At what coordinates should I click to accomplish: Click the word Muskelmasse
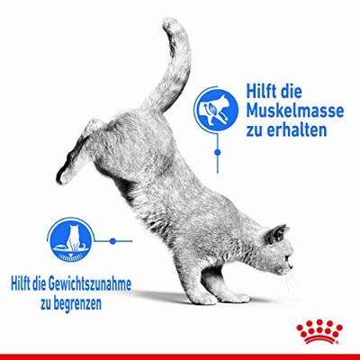click(x=295, y=111)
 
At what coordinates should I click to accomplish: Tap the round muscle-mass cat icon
click(x=217, y=111)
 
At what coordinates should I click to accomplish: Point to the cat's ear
click(x=277, y=232)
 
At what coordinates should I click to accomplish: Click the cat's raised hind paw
click(x=65, y=174)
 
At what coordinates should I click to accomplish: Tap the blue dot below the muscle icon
click(x=218, y=153)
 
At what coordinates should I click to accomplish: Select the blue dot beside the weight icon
click(x=112, y=241)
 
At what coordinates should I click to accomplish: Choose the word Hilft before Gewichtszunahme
click(x=22, y=283)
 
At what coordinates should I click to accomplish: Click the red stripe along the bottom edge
click(x=180, y=356)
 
